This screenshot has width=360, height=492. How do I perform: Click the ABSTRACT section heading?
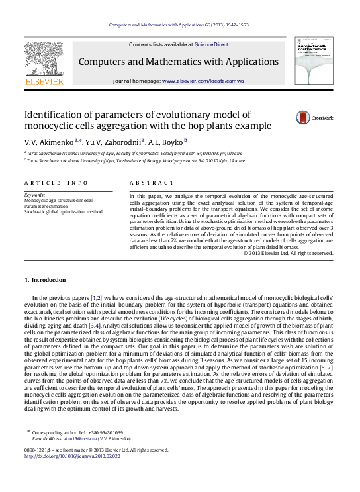click(x=147, y=183)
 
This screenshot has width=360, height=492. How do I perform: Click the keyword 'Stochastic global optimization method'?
click(x=63, y=212)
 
